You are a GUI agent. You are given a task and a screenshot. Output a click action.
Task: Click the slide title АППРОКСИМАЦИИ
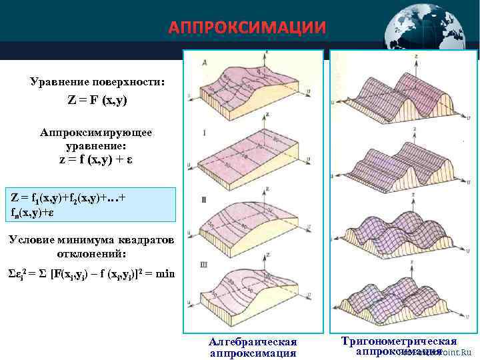click(x=247, y=28)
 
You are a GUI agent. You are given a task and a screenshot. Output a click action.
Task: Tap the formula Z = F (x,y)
click(x=97, y=101)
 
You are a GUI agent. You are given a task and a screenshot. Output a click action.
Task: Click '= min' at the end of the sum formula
click(x=160, y=275)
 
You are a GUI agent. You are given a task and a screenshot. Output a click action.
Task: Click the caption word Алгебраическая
click(x=253, y=342)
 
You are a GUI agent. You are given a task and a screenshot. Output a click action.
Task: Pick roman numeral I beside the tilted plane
click(x=204, y=133)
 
